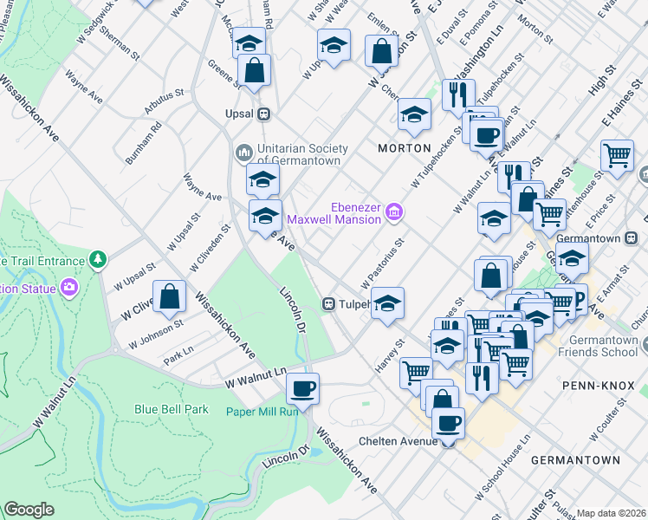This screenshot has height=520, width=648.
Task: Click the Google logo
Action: (x=29, y=510)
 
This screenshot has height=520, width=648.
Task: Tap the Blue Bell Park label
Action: (x=172, y=409)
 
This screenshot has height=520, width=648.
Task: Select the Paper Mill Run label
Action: (x=262, y=412)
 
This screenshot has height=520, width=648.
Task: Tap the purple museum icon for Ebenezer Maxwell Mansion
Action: (x=394, y=211)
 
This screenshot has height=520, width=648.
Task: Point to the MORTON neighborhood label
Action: (x=404, y=148)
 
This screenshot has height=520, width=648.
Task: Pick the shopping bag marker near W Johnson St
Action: (x=170, y=296)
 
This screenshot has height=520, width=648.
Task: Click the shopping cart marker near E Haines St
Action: (x=617, y=155)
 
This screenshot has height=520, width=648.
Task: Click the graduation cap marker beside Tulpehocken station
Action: (x=387, y=303)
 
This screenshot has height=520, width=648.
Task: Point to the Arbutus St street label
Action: (x=166, y=101)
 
